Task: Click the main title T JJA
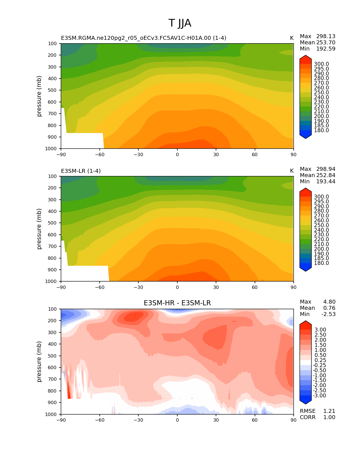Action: tap(180, 23)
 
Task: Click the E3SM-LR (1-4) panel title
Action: tap(81, 171)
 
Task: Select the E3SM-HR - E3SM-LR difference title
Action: tap(177, 303)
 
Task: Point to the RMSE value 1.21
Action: tap(329, 411)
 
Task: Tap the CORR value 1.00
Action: tap(329, 417)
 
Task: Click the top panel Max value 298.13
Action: tap(326, 36)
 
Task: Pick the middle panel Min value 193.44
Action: tap(326, 181)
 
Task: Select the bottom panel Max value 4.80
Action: tap(329, 302)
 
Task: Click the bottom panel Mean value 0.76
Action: tap(329, 308)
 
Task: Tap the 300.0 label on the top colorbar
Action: tap(321, 64)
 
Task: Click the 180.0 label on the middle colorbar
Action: tap(321, 263)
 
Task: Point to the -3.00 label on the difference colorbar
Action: tap(320, 395)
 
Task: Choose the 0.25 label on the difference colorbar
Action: tap(320, 360)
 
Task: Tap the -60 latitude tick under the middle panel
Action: tap(100, 287)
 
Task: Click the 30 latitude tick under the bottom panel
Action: tap(216, 420)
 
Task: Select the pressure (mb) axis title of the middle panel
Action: tap(39, 229)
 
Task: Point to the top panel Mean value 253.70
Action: tap(326, 42)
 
